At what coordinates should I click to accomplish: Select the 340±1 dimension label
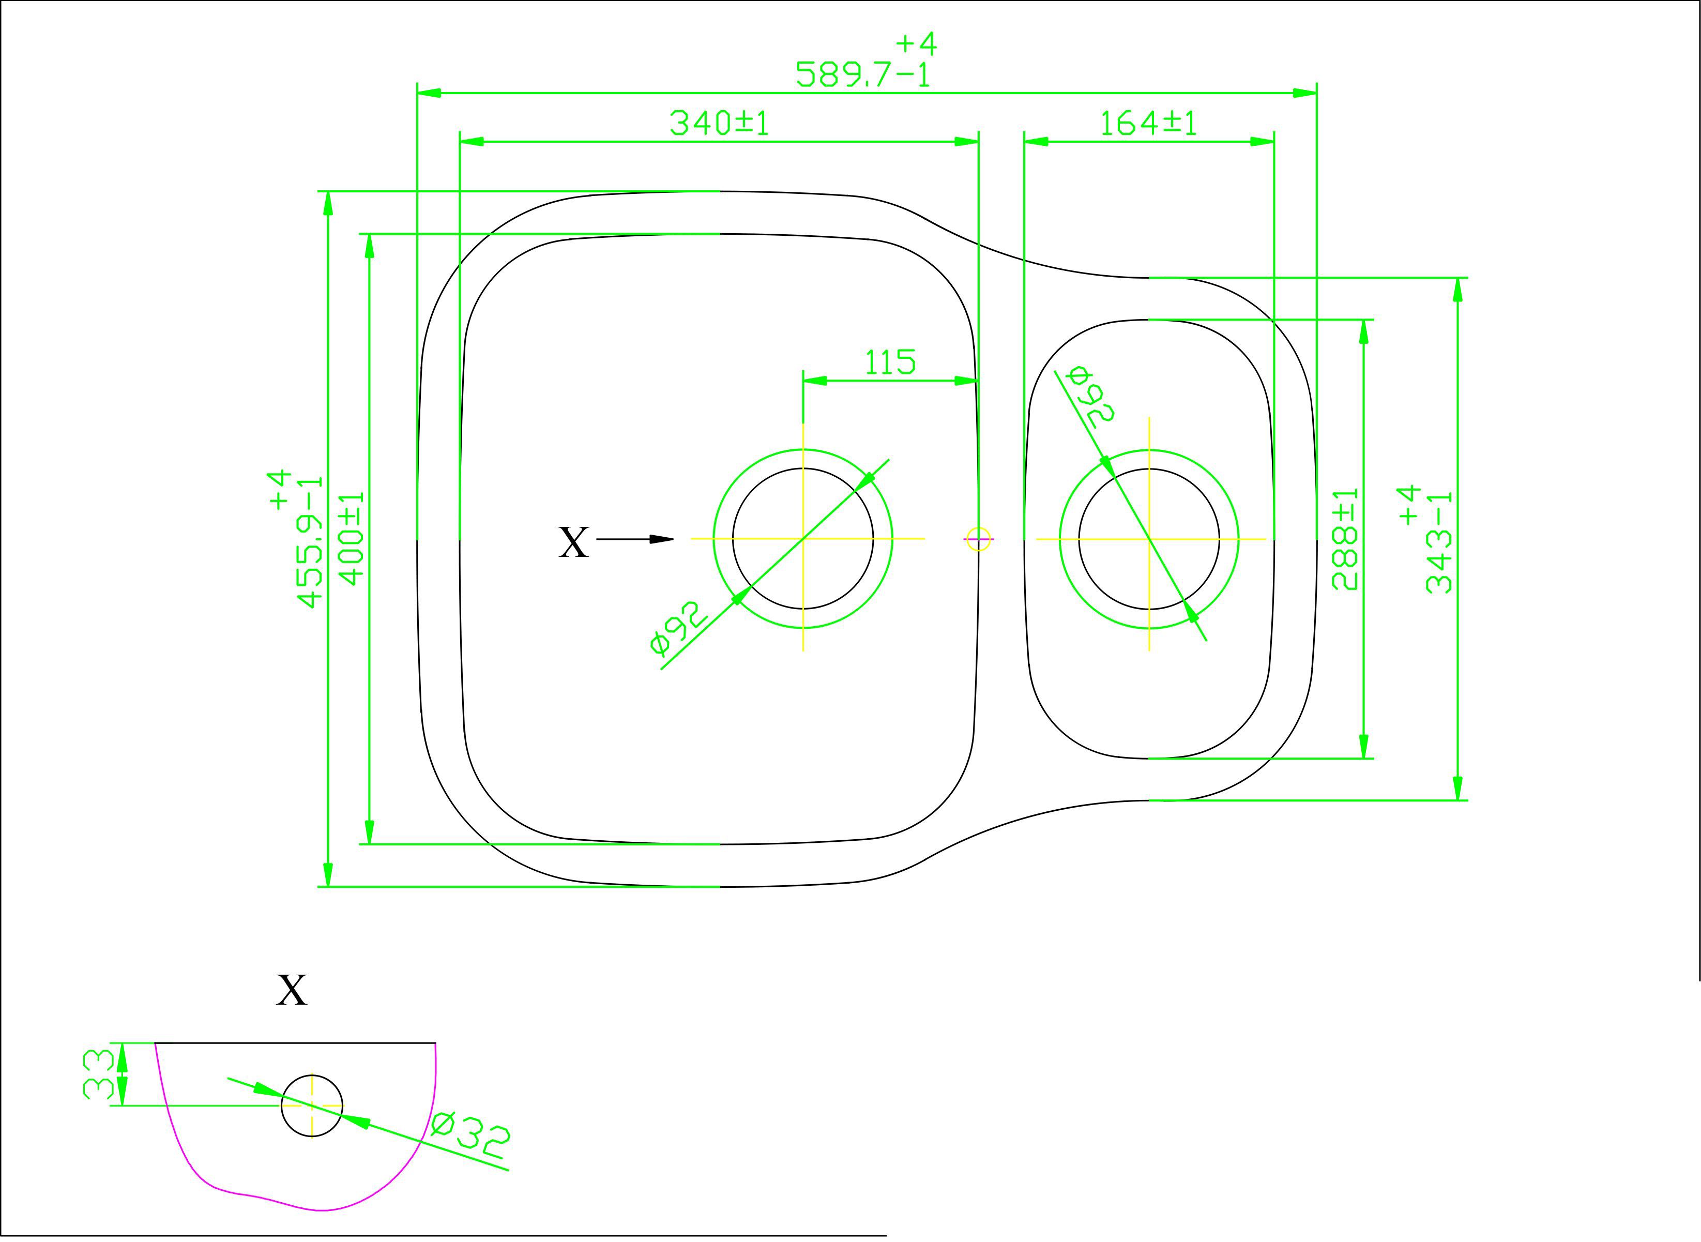719,123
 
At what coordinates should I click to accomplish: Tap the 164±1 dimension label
1148,123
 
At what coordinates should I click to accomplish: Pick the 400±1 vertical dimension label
352,538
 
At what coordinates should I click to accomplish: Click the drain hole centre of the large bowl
803,538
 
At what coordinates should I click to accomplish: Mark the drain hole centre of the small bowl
1148,538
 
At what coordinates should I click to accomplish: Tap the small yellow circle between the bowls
978,538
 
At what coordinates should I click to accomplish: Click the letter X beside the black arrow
573,542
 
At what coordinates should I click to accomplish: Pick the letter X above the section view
292,990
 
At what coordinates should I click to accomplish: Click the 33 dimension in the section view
98,1074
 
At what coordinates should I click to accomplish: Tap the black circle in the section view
312,1105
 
